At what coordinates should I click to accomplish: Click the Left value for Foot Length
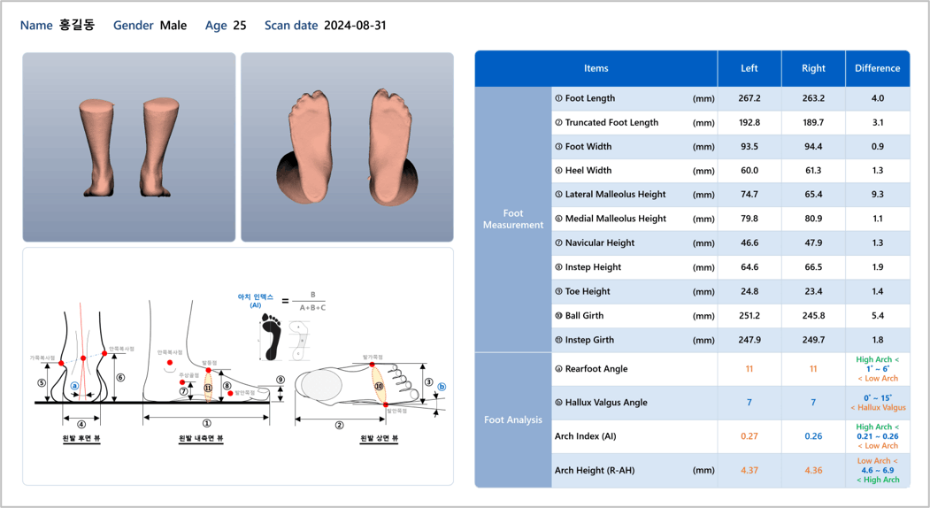(x=749, y=98)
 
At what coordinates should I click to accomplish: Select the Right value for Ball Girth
(x=812, y=316)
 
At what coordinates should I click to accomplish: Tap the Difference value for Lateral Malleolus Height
(x=877, y=195)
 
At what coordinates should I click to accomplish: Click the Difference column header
(x=877, y=68)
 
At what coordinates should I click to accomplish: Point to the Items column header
(x=596, y=68)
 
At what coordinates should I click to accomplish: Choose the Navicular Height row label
(x=594, y=243)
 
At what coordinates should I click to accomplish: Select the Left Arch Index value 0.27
(x=749, y=436)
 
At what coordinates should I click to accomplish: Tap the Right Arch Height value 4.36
(x=812, y=470)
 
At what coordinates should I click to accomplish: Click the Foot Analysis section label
(x=513, y=419)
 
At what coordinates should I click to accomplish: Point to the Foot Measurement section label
(x=513, y=219)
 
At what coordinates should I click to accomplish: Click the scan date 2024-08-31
(x=355, y=26)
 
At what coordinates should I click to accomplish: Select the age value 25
(x=240, y=26)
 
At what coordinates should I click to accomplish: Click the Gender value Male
(x=173, y=26)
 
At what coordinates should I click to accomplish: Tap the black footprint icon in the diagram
(x=271, y=338)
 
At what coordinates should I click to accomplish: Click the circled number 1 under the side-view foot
(x=207, y=424)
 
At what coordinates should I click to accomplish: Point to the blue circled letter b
(x=442, y=387)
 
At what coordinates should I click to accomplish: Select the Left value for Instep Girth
(x=749, y=340)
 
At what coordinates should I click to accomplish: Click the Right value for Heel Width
(x=812, y=171)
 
